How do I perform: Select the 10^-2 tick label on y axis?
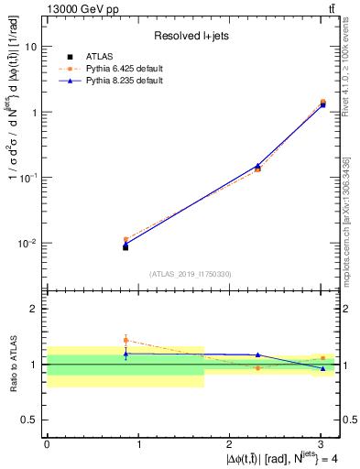(x=29, y=244)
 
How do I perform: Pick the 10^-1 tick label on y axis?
(x=29, y=178)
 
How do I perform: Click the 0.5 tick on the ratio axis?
(x=32, y=420)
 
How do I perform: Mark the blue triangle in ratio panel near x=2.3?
(x=258, y=354)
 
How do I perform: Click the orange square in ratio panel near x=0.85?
(x=125, y=340)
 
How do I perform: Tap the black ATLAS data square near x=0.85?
(x=125, y=247)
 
